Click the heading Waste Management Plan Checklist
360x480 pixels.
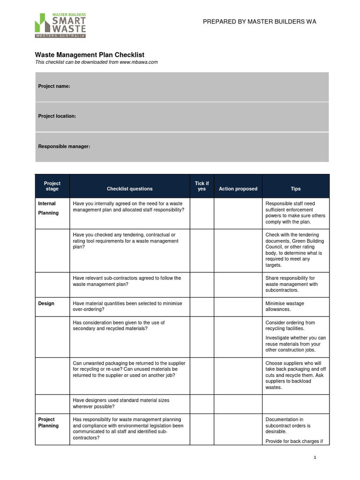(x=90, y=55)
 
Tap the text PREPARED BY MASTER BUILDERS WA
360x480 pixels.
(x=259, y=22)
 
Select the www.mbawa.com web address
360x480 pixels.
(x=138, y=62)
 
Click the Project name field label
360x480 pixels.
(x=54, y=86)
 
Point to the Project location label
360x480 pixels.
(x=57, y=116)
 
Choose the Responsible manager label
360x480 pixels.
(x=64, y=147)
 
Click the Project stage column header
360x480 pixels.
(x=52, y=186)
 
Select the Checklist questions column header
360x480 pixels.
(x=129, y=189)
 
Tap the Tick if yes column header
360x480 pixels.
(x=202, y=186)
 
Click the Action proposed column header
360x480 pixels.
(x=238, y=189)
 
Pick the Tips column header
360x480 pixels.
(x=295, y=189)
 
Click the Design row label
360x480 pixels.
(x=46, y=304)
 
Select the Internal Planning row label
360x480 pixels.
(x=48, y=208)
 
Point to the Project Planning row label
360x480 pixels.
(x=48, y=422)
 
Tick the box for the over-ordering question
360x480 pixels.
(x=202, y=307)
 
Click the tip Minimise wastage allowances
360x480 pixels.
(x=285, y=307)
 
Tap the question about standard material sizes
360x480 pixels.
(x=121, y=404)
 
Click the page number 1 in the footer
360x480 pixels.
(x=315, y=457)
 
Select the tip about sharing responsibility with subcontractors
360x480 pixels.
(x=291, y=284)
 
